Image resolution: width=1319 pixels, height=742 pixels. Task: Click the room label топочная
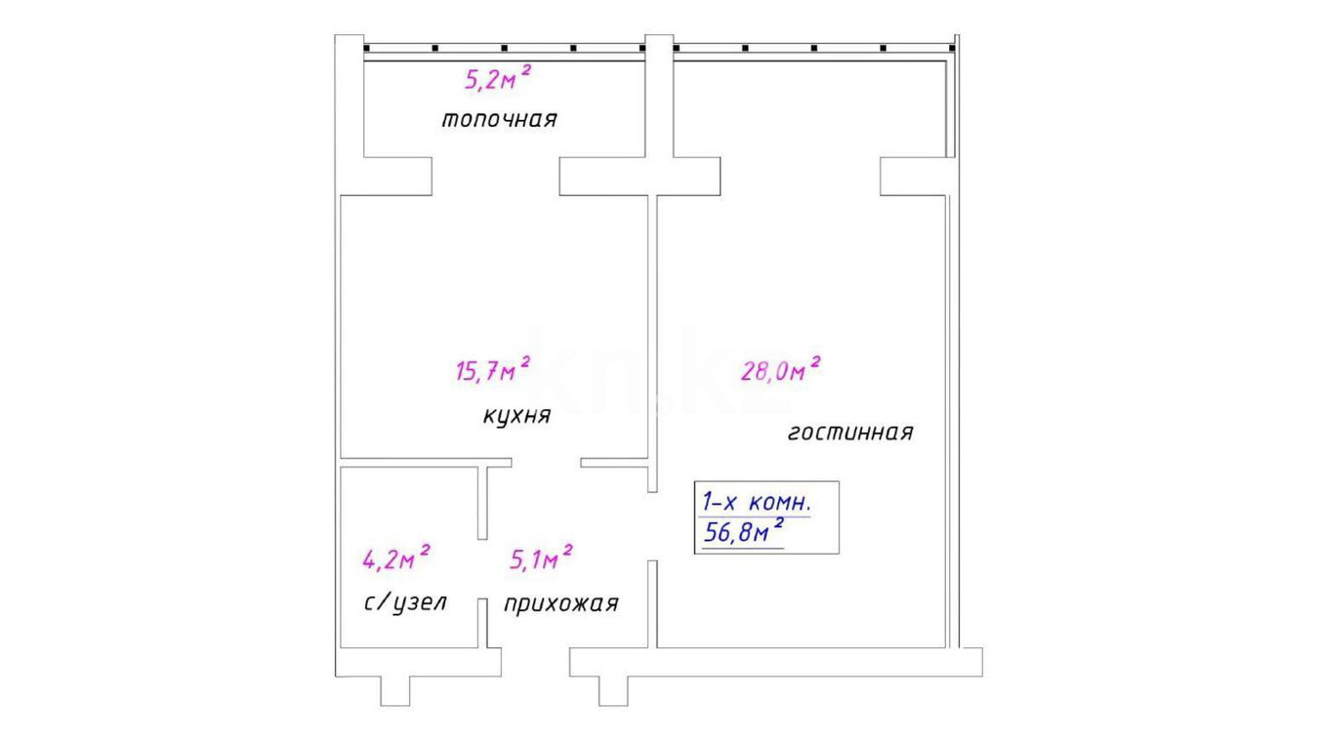pos(499,119)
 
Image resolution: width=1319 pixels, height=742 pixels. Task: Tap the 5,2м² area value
pos(498,78)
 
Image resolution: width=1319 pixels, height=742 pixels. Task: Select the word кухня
pos(517,416)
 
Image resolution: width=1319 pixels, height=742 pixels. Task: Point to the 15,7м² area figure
pos(493,369)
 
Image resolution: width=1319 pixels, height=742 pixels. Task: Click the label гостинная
pos(850,433)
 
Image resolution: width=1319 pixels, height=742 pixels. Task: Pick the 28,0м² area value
pos(781,369)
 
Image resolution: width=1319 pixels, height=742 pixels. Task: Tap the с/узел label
pos(405,602)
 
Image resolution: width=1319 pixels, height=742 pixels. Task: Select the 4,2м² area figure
pos(396,557)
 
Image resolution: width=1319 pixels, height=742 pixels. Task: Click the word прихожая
pos(561,603)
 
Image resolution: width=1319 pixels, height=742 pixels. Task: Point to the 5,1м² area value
pos(541,557)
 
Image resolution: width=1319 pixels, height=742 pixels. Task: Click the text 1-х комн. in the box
pos(758,503)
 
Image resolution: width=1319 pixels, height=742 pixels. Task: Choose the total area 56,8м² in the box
pos(743,532)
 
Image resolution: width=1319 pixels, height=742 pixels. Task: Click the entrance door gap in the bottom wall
pos(535,662)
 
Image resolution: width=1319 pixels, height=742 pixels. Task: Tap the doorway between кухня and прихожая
pos(547,463)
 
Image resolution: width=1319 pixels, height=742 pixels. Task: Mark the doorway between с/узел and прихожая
pos(482,569)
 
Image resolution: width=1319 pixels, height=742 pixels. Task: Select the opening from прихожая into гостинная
pos(652,526)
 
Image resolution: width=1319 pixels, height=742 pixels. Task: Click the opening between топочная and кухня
pos(496,176)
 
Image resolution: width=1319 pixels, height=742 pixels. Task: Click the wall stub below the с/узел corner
pos(395,691)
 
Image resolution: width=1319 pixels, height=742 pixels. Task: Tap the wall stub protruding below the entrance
pos(613,691)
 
